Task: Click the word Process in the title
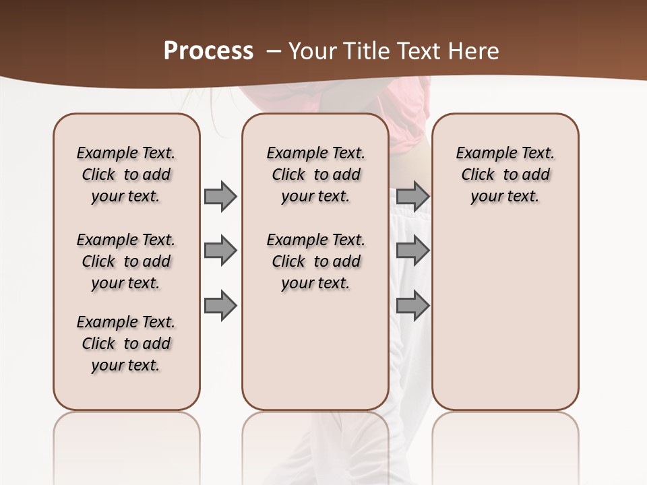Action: [x=208, y=51]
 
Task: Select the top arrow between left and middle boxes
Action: [x=220, y=196]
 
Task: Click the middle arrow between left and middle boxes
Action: [x=220, y=251]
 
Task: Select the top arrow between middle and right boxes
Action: [x=412, y=196]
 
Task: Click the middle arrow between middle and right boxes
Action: [x=412, y=251]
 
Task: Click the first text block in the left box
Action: [x=126, y=174]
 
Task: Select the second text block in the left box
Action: [x=126, y=261]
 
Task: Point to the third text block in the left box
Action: [x=126, y=344]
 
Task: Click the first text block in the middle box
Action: [x=315, y=174]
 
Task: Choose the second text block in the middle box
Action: [x=315, y=261]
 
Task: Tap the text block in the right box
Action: [x=505, y=174]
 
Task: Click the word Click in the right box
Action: [x=478, y=174]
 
